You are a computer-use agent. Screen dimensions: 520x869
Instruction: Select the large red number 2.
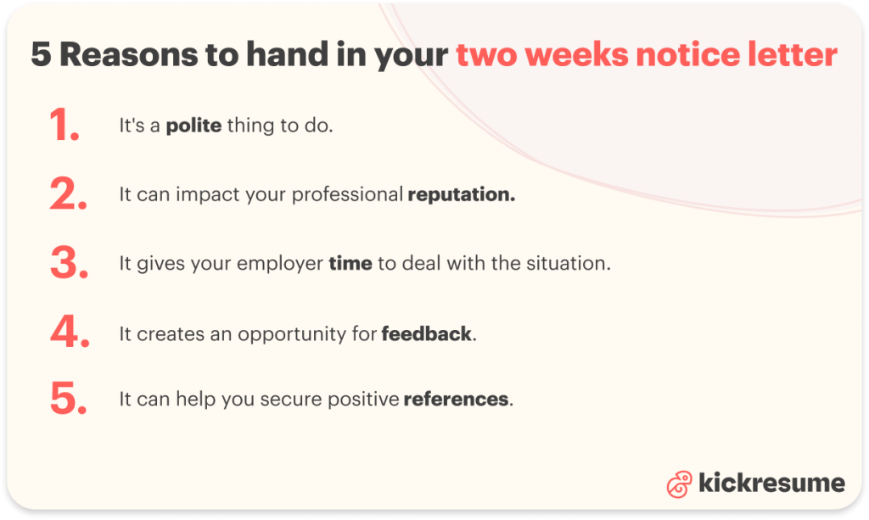pyautogui.click(x=69, y=194)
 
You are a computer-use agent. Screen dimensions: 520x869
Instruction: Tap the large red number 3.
pyautogui.click(x=69, y=263)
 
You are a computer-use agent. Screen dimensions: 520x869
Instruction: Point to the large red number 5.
pyautogui.click(x=69, y=399)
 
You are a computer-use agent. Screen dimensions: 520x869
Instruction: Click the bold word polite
pyautogui.click(x=193, y=126)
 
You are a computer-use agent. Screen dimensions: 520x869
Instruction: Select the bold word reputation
pyautogui.click(x=461, y=195)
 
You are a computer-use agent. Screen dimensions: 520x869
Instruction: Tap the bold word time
pyautogui.click(x=350, y=263)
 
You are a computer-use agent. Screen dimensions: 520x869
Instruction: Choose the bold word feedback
pyautogui.click(x=427, y=333)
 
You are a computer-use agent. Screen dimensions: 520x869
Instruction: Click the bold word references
pyautogui.click(x=457, y=399)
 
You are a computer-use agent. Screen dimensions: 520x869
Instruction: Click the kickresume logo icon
pyautogui.click(x=679, y=484)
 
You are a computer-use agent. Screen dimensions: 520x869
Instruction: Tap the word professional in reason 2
pyautogui.click(x=347, y=195)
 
